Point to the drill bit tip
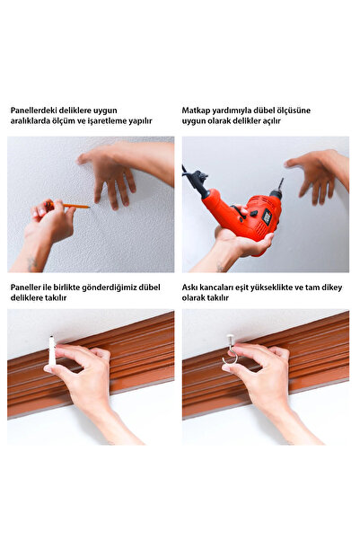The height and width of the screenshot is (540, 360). click(282, 179)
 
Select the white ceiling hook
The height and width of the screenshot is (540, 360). click(230, 351)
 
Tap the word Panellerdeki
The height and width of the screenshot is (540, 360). click(33, 111)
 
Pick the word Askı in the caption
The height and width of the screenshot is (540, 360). click(189, 288)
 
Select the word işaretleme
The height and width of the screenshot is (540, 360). click(107, 121)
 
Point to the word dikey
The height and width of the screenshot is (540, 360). click(332, 288)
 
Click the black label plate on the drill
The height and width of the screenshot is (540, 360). click(267, 217)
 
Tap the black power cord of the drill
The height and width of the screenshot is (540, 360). click(192, 176)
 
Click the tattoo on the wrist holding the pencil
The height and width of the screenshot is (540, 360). click(31, 262)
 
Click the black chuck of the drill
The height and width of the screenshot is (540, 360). click(276, 194)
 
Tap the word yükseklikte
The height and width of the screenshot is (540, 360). click(270, 288)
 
